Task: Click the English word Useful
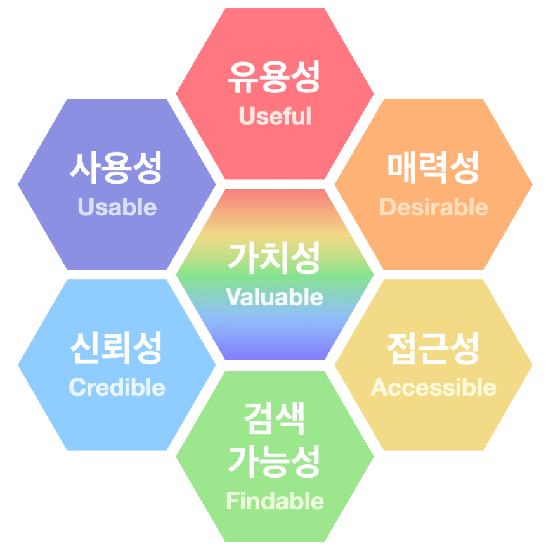pos(275,117)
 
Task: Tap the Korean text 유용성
pos(275,77)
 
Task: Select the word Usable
pos(117,207)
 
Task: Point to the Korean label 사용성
pos(117,167)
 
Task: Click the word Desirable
pos(434,207)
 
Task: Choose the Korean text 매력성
pos(434,167)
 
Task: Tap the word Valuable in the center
pos(275,297)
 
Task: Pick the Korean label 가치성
pos(275,258)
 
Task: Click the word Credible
pos(117,387)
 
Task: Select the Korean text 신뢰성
pos(117,348)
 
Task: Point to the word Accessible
pos(434,387)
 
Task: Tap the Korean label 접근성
pos(434,348)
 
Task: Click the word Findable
pos(275,501)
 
